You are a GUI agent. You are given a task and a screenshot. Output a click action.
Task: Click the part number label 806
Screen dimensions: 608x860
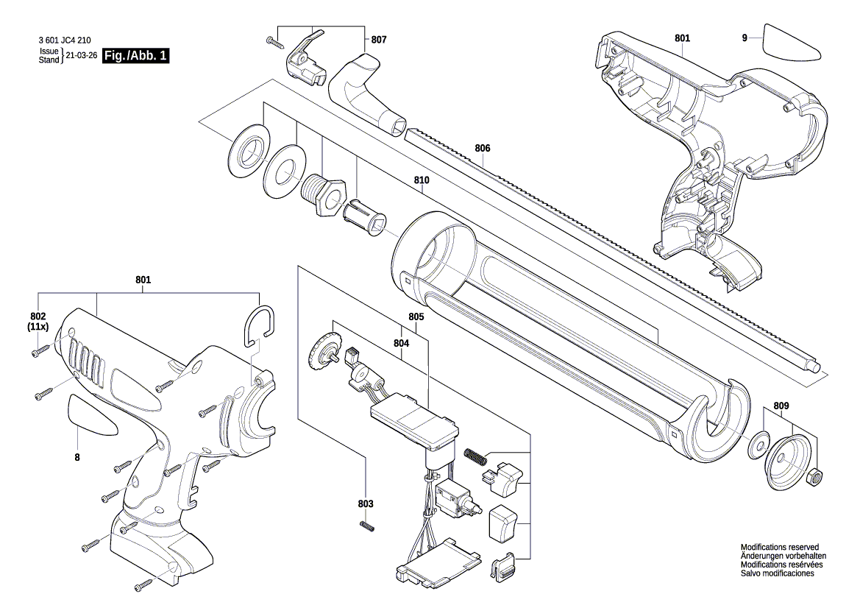pos(482,148)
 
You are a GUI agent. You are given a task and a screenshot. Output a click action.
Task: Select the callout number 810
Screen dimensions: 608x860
pos(422,180)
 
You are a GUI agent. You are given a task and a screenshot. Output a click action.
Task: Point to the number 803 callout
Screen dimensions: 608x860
pos(366,503)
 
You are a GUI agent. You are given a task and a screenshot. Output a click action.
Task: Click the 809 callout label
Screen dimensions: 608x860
pos(781,406)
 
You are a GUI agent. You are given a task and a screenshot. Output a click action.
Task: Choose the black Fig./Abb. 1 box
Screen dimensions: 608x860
pos(136,56)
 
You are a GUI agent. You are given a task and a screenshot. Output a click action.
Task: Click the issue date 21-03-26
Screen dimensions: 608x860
pos(82,56)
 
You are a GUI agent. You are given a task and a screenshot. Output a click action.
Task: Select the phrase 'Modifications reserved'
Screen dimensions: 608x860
pos(779,548)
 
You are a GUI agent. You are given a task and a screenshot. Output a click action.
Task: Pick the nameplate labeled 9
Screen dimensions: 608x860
pos(792,44)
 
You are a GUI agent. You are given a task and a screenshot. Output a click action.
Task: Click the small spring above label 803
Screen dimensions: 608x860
pos(367,524)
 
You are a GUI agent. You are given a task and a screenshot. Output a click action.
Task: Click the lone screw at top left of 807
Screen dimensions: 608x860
pos(276,41)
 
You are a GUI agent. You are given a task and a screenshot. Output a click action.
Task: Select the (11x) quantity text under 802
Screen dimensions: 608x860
pos(38,326)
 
